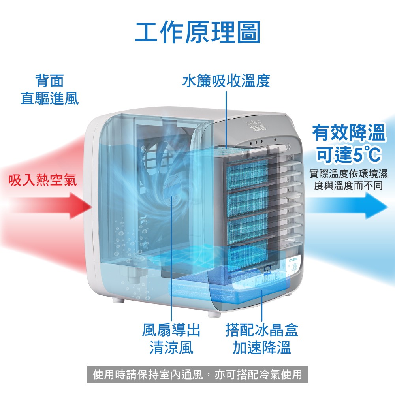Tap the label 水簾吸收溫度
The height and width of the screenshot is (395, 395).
pos(226,81)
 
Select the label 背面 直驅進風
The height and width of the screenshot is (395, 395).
pos(49,90)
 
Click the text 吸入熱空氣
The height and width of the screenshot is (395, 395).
pos(43,180)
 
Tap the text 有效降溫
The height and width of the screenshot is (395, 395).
pos(348,133)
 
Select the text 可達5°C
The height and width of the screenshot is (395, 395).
pos(348,154)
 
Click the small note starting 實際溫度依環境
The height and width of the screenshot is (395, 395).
pos(348,179)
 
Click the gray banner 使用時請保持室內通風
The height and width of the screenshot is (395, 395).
pos(197,374)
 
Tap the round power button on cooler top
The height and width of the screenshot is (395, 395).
pos(289,146)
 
